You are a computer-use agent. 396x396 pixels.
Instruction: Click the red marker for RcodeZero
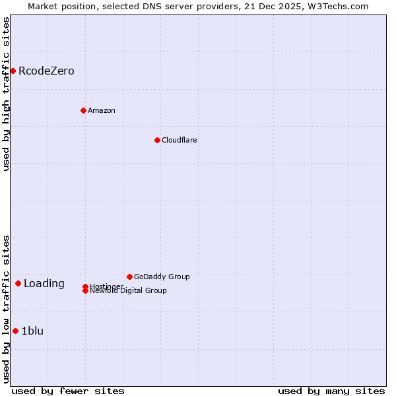click(x=13, y=71)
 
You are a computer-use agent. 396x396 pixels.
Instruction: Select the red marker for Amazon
click(x=83, y=110)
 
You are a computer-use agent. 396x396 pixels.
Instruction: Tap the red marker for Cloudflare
click(x=157, y=140)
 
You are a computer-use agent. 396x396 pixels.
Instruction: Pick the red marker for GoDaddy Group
click(x=129, y=277)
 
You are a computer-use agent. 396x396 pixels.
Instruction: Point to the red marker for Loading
click(x=18, y=283)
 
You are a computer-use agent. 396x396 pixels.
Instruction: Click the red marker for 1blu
click(x=15, y=331)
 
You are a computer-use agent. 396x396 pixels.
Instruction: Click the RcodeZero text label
click(x=46, y=71)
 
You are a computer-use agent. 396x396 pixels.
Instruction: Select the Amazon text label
click(x=101, y=110)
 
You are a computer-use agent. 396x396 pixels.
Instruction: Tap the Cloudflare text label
click(x=179, y=140)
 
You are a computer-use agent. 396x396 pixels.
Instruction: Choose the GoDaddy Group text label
click(x=162, y=277)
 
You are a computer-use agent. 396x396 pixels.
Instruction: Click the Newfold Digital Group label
click(x=128, y=291)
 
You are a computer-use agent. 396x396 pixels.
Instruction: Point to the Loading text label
click(x=44, y=284)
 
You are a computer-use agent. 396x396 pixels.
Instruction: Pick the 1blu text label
click(x=32, y=331)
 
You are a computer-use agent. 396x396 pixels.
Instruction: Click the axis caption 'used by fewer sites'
click(x=68, y=391)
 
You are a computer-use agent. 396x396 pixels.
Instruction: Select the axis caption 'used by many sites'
click(x=331, y=391)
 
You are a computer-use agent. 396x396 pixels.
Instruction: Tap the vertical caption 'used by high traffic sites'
click(x=7, y=94)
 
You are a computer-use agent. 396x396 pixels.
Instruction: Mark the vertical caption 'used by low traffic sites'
click(x=7, y=309)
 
